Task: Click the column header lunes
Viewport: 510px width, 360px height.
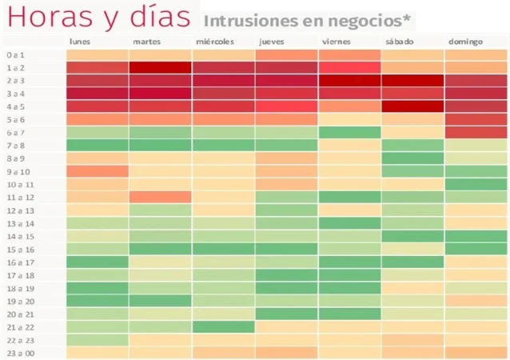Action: (80, 42)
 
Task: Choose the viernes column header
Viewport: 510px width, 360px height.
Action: (336, 42)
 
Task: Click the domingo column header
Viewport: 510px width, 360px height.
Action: (466, 42)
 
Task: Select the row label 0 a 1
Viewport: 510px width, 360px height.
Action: (17, 55)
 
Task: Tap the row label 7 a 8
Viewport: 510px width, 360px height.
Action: (17, 146)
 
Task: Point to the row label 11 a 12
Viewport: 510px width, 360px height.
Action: (18, 197)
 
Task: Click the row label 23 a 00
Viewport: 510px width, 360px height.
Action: (18, 353)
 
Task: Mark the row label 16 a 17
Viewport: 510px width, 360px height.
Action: (18, 262)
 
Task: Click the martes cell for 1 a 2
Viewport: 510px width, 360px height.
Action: (160, 68)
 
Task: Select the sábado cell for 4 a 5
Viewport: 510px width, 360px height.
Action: (412, 106)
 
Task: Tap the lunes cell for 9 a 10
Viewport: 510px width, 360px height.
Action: (97, 171)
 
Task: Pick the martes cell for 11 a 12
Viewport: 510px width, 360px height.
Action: (160, 197)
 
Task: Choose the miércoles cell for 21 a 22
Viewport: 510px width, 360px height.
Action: (223, 326)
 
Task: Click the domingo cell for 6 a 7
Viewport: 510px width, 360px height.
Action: (476, 132)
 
